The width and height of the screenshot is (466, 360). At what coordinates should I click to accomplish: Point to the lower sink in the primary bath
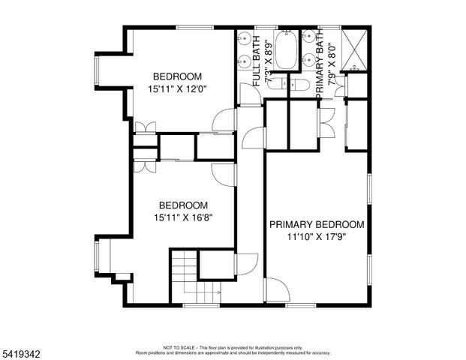pyautogui.click(x=309, y=60)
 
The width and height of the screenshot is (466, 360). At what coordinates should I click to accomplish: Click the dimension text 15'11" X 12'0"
pyautogui.click(x=177, y=88)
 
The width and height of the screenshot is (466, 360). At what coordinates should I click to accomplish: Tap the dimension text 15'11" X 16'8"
pyautogui.click(x=182, y=217)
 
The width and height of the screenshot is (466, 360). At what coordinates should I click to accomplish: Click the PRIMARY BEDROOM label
pyautogui.click(x=316, y=224)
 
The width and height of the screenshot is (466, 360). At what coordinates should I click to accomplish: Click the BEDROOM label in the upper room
pyautogui.click(x=177, y=76)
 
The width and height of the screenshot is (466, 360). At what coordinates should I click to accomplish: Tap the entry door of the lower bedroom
pyautogui.click(x=224, y=174)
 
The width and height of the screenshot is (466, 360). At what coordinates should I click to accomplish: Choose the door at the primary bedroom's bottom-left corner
pyautogui.click(x=276, y=290)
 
